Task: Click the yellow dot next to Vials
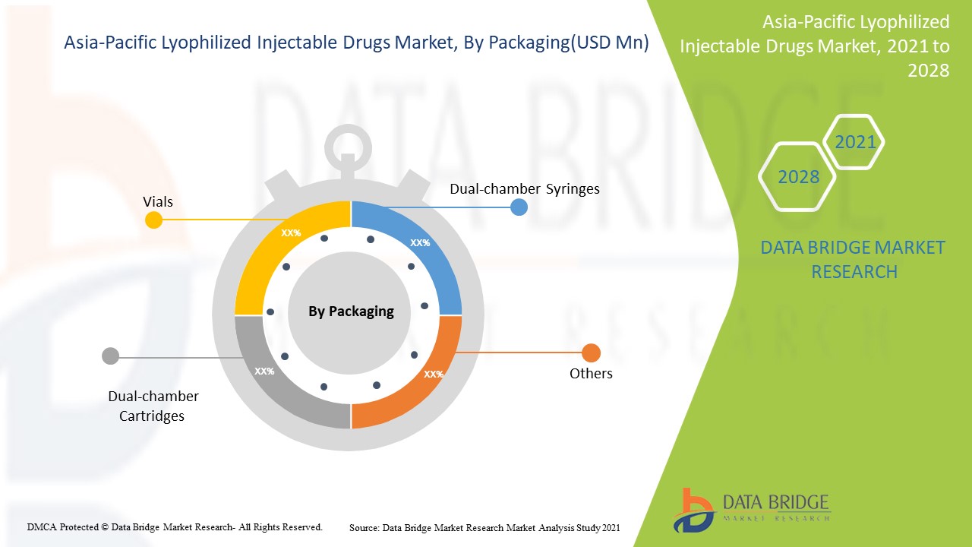153,220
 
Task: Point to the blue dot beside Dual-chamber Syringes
519,207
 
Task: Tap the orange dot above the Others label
591,353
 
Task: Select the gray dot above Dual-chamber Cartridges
111,356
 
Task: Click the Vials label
158,201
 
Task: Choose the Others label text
591,373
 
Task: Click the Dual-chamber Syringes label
524,188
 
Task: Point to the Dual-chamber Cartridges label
153,406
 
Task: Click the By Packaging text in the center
351,311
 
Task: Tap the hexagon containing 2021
855,142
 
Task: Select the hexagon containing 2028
798,177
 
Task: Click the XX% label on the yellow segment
291,233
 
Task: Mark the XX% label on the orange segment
434,374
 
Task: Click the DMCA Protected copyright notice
175,526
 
